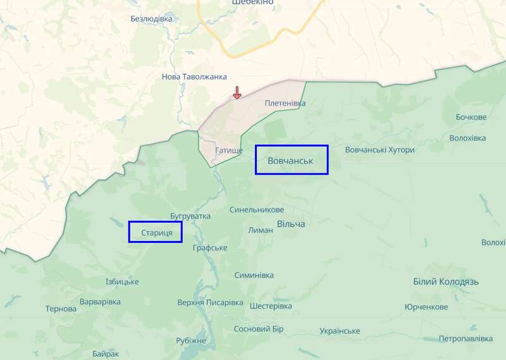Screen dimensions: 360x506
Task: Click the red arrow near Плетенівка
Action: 237,92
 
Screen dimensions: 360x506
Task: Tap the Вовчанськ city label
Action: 291,160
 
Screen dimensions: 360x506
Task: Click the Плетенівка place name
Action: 285,103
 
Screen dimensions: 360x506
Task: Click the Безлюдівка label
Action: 151,18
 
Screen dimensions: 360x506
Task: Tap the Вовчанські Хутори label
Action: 380,150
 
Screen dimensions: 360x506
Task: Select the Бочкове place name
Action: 471,117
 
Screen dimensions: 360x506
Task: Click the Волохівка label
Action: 467,138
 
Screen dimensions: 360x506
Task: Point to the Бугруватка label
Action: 190,216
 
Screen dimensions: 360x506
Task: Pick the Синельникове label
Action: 257,209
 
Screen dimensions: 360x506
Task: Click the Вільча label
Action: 291,224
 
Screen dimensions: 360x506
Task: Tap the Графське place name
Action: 210,247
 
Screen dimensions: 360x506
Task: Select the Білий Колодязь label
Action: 446,282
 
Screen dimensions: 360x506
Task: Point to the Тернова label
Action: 61,309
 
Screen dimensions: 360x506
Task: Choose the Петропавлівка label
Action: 466,338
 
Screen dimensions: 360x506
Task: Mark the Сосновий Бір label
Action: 259,329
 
